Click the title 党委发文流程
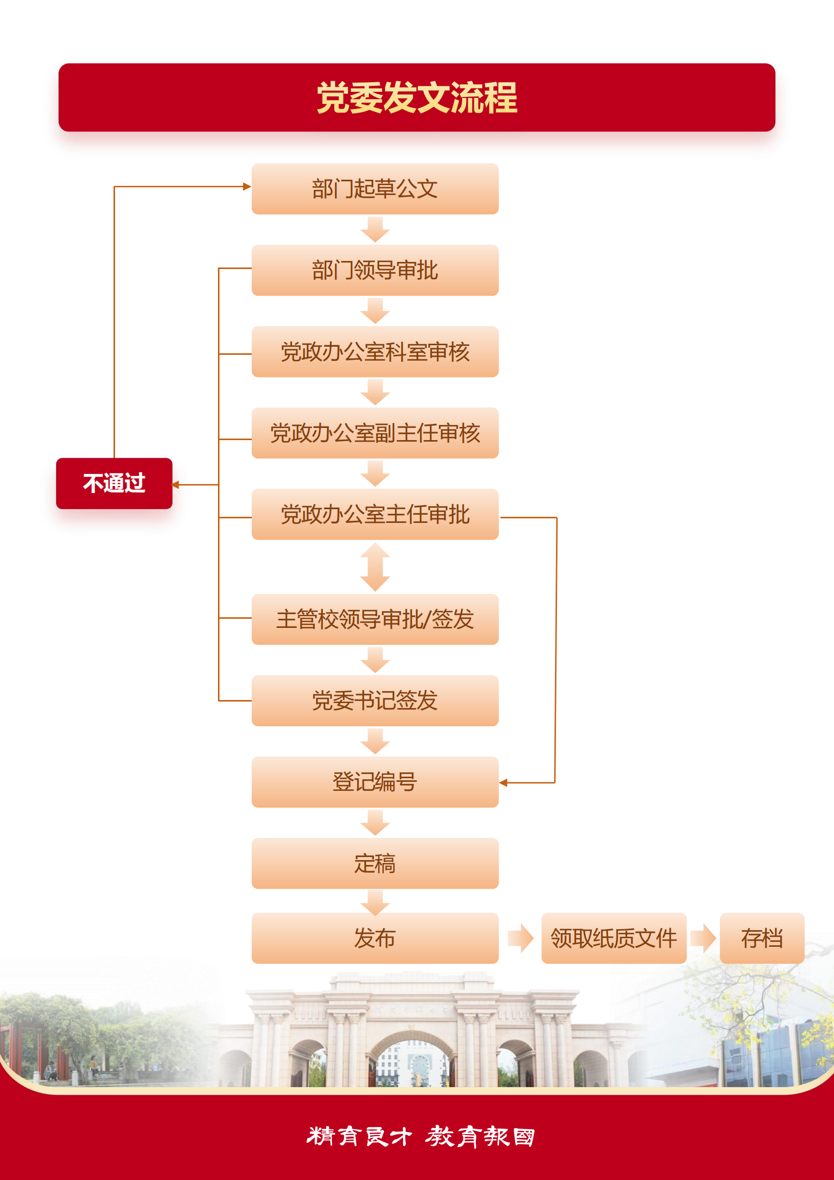coord(417,97)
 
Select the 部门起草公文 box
coord(375,189)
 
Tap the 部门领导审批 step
coord(375,271)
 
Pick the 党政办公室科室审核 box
coord(375,352)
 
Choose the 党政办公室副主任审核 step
coord(375,433)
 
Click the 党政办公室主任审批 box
coord(375,514)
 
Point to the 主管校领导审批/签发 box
coord(375,619)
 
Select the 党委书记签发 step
coord(375,701)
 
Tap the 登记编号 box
coord(375,782)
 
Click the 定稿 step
coord(375,864)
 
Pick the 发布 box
coord(375,938)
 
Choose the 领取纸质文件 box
coord(614,938)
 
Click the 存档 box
coord(762,938)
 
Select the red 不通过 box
coord(114,484)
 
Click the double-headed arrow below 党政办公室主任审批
coord(375,567)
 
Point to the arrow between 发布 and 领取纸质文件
coord(521,938)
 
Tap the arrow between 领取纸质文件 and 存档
coord(703,938)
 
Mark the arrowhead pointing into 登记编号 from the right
coord(503,783)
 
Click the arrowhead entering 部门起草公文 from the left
coord(247,187)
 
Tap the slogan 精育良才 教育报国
coord(421,1137)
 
